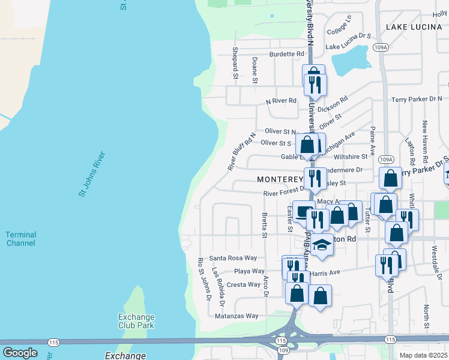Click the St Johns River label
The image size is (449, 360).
(92, 174)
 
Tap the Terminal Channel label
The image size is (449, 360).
(20, 239)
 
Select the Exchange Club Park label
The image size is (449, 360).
(136, 321)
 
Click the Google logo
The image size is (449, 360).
(20, 352)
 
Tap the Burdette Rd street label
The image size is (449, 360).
(287, 54)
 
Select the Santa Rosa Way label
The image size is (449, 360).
(232, 258)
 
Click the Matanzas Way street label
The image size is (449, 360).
(237, 316)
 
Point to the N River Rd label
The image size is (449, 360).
(282, 101)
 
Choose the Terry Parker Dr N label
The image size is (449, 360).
(416, 99)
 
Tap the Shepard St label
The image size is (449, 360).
(235, 63)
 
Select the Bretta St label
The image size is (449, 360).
(264, 224)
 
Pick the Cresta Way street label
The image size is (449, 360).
(243, 284)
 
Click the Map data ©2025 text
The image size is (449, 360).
(423, 355)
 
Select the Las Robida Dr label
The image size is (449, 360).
(221, 286)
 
